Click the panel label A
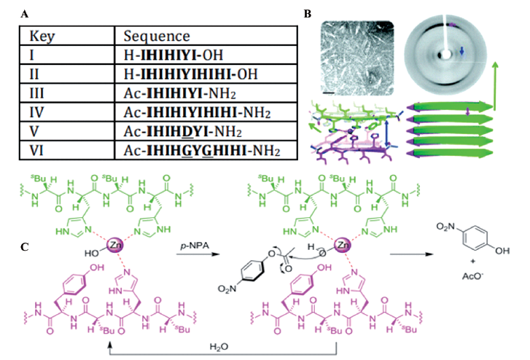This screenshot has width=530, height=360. point(26,14)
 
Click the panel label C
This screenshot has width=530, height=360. point(26,246)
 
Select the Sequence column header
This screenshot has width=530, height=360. point(157,36)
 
